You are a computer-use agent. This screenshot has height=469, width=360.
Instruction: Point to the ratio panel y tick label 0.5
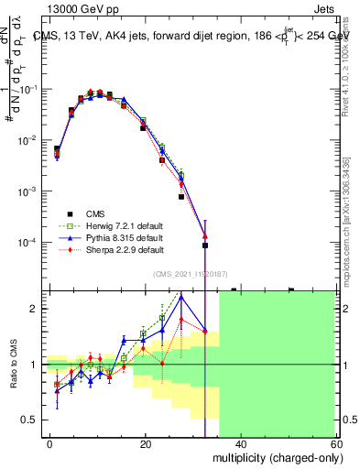[x=29, y=420]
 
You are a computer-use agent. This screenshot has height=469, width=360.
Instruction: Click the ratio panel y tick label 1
[x=34, y=365]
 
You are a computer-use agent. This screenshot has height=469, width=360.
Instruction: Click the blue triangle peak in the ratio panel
[x=181, y=296]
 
